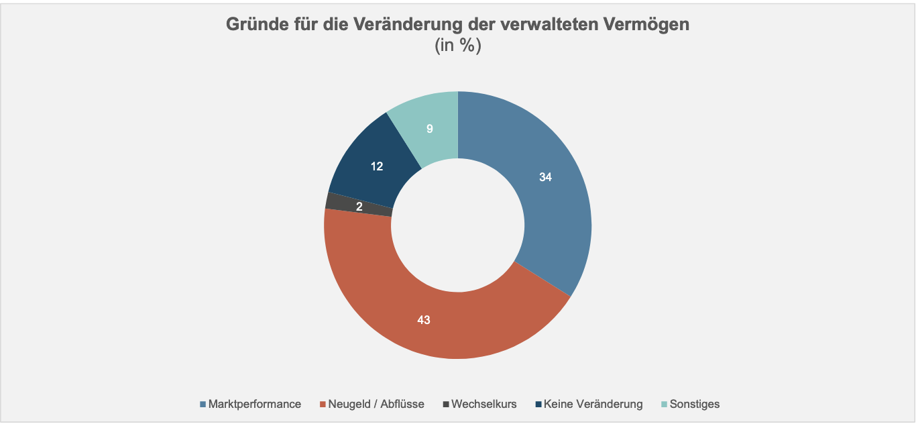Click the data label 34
[547, 177]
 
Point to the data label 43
[423, 320]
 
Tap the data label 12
[377, 166]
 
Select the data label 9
[430, 129]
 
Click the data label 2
[359, 207]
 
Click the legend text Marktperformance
[255, 404]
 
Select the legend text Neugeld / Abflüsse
[376, 404]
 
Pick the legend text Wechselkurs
[484, 404]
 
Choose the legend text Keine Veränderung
[593, 404]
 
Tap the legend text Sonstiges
[695, 404]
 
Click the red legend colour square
[323, 404]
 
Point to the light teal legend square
[665, 404]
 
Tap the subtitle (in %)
[458, 46]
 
